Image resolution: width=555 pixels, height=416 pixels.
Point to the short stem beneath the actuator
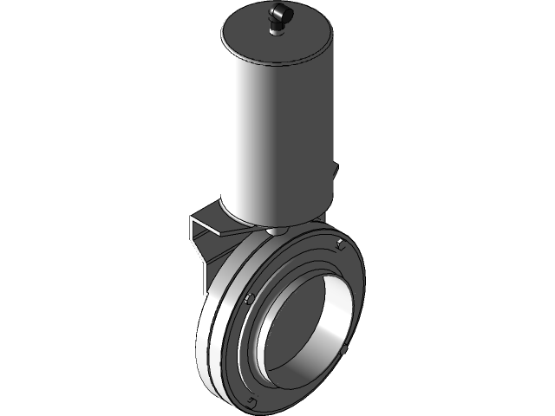(x=276, y=231)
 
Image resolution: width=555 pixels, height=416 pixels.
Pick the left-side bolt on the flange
(x=248, y=300)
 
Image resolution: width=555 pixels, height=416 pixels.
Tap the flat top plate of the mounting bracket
(x=208, y=217)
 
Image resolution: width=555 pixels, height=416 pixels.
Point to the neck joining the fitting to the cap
(x=278, y=32)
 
